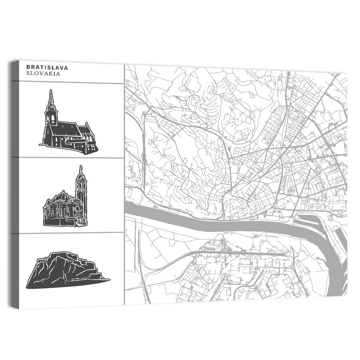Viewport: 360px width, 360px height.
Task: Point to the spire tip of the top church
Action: (x=51, y=91)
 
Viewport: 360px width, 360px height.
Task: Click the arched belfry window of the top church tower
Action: (x=51, y=118)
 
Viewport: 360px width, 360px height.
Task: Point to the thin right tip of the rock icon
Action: (x=109, y=279)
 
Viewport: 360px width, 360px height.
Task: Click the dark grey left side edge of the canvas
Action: (x=14, y=180)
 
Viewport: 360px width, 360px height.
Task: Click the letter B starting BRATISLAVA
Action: (x=28, y=67)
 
